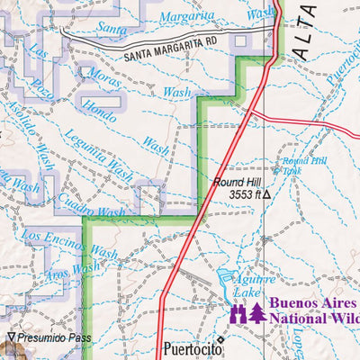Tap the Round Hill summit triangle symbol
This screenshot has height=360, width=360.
(266, 193)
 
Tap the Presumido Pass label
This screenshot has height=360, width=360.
(52, 340)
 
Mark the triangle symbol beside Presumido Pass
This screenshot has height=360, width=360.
(11, 340)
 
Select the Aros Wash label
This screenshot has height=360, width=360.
(72, 268)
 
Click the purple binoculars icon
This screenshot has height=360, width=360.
(238, 312)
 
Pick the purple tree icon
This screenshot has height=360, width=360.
(257, 312)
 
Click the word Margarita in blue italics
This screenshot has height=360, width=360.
(186, 18)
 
